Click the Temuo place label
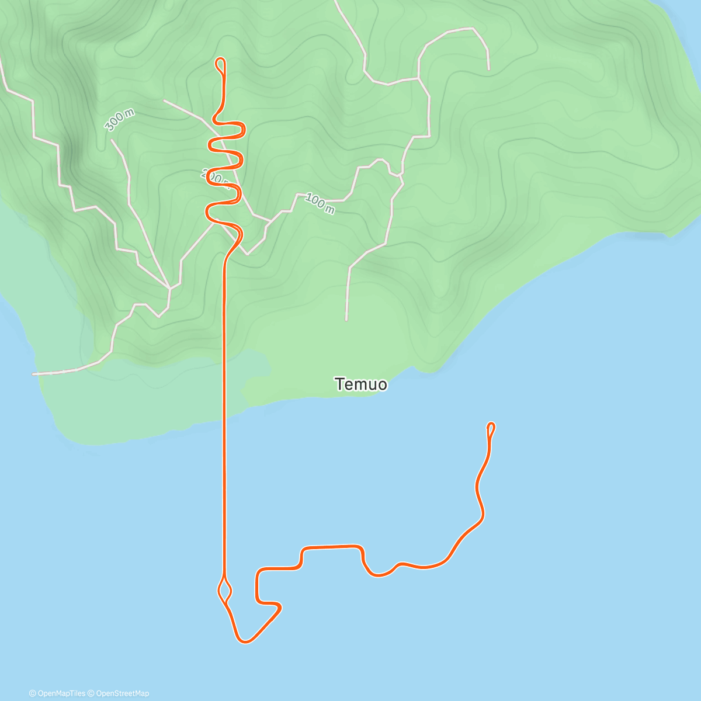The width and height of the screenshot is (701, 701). point(360,384)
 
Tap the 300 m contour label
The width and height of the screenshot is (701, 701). point(119,120)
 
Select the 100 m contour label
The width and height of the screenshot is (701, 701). point(320,203)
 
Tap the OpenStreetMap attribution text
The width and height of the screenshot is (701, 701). point(122,693)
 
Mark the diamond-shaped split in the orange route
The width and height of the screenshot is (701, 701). point(225,589)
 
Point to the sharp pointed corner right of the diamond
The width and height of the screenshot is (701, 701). point(280,609)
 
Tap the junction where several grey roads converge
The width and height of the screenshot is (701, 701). point(169,288)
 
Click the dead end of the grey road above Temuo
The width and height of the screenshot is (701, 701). point(346,320)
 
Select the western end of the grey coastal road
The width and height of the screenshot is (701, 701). point(33,374)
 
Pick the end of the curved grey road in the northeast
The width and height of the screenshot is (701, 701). point(488,69)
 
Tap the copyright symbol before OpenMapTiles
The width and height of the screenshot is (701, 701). point(32,693)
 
